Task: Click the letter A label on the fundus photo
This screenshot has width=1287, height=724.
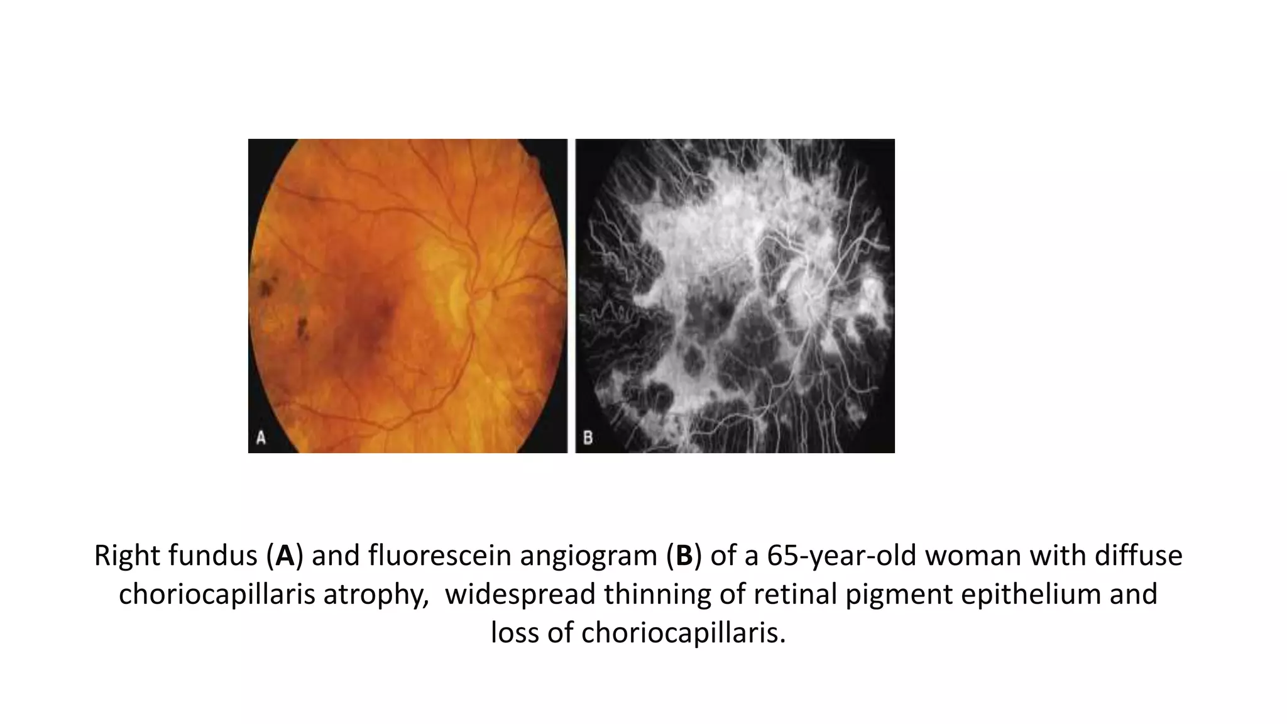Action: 261,437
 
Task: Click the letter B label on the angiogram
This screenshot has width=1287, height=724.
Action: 588,437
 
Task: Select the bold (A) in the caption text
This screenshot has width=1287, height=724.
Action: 285,556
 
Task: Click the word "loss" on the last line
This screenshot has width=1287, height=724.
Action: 514,632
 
